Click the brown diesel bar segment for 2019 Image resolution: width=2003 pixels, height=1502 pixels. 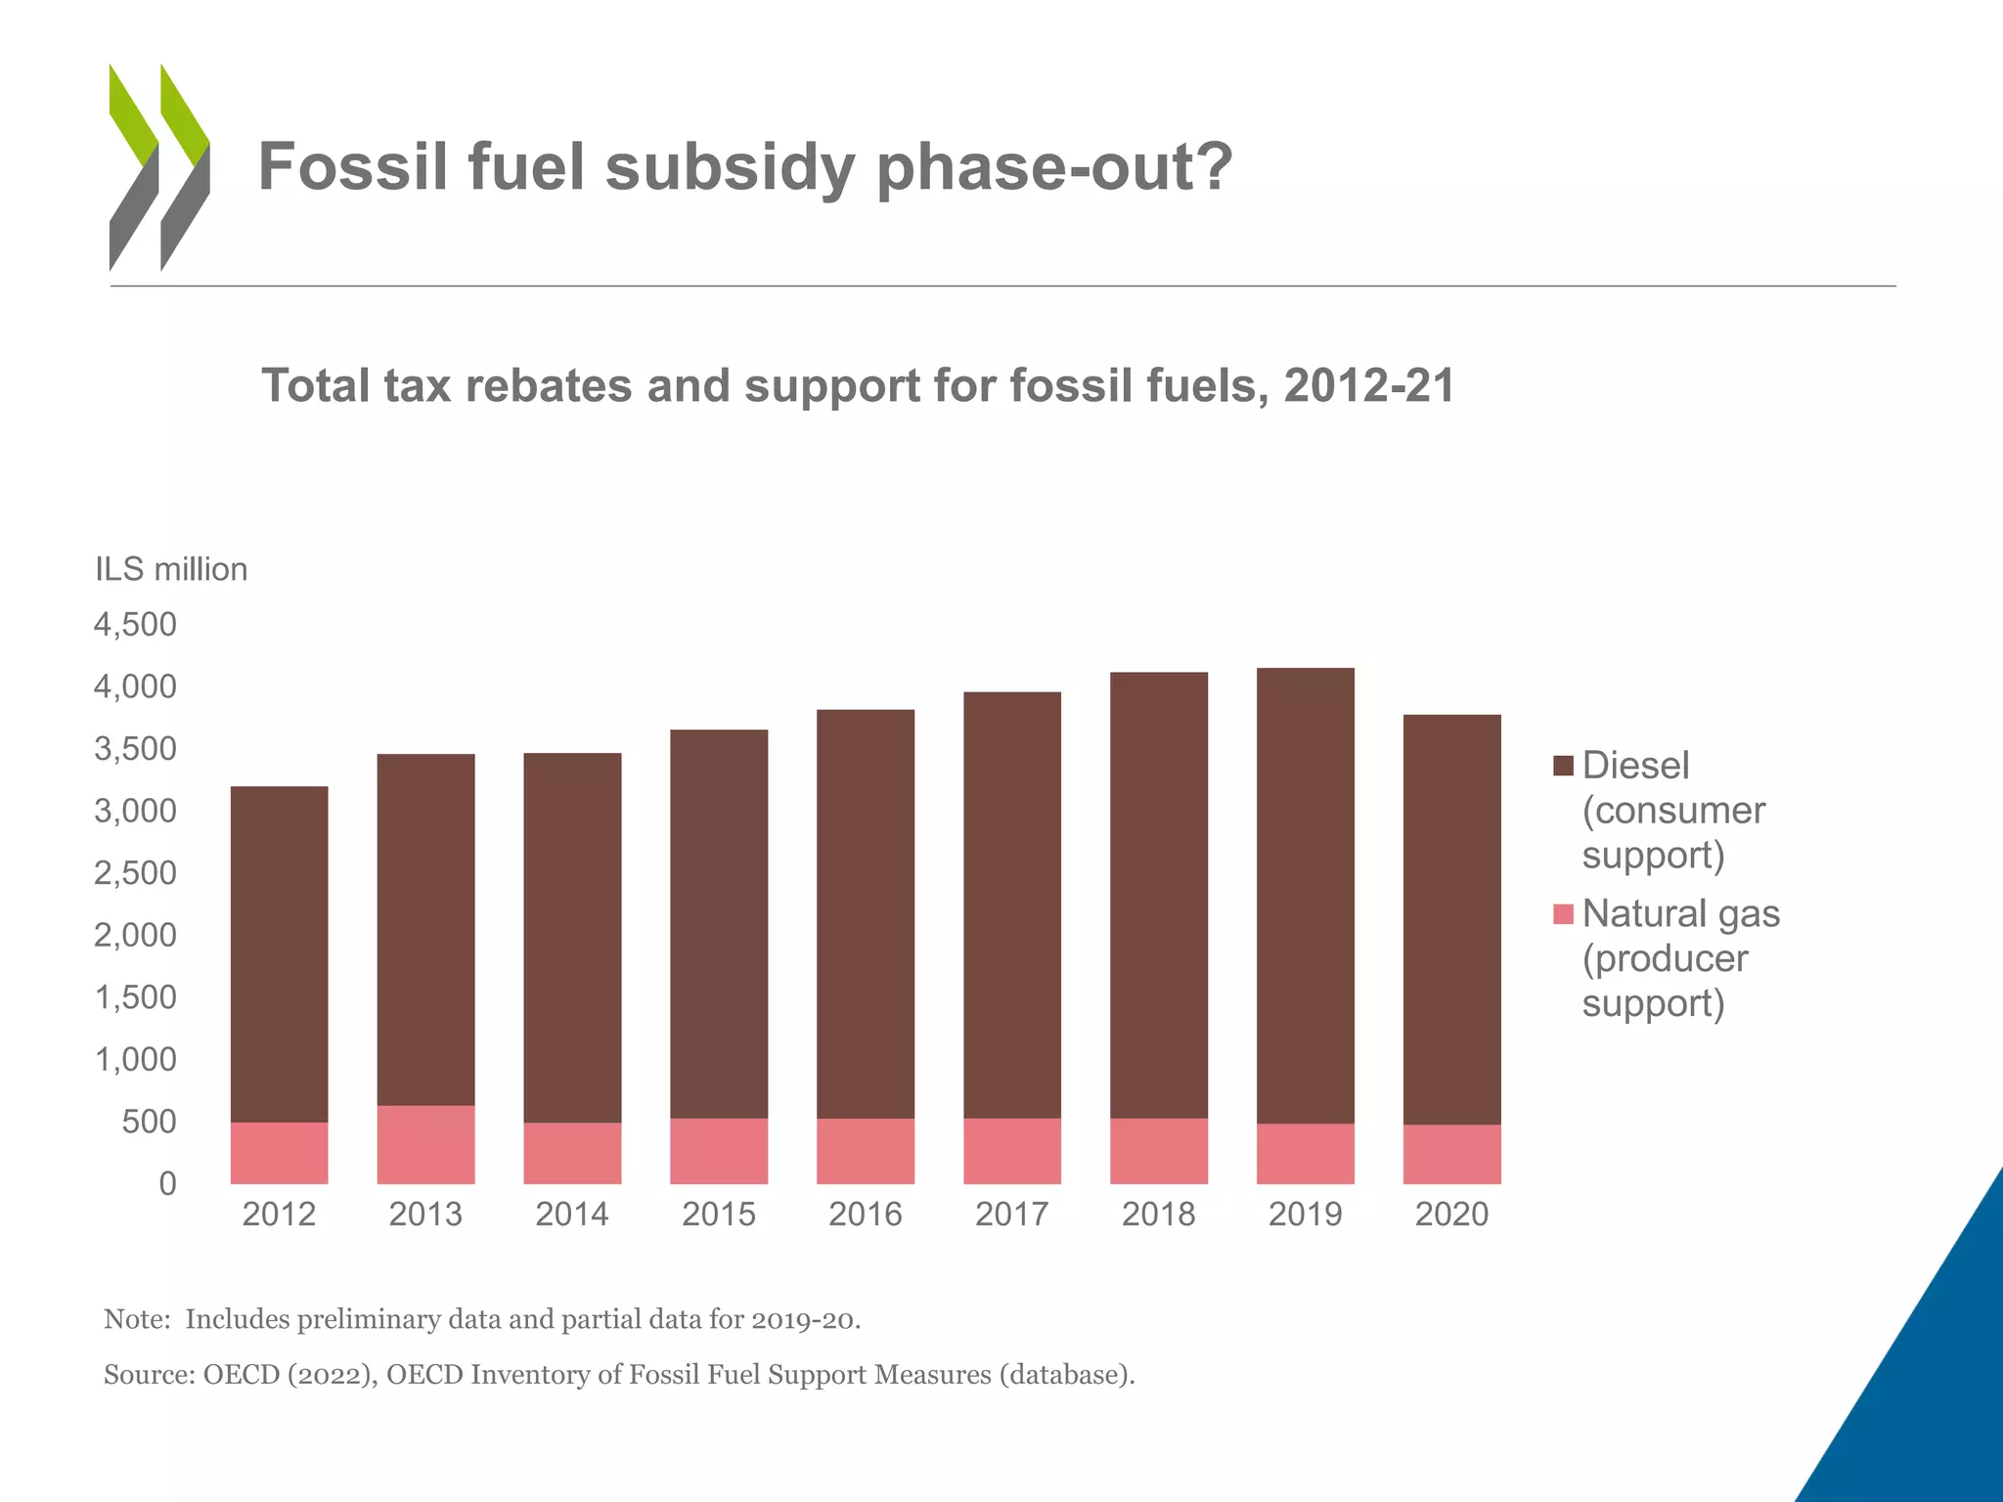pyautogui.click(x=1305, y=895)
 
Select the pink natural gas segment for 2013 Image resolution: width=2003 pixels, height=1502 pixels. pyautogui.click(x=425, y=1144)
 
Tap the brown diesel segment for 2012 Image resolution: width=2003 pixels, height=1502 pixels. pyautogui.click(x=279, y=953)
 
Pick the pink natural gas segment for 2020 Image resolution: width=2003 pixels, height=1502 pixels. pyautogui.click(x=1451, y=1154)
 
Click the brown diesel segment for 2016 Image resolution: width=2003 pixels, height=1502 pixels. pyautogui.click(x=865, y=914)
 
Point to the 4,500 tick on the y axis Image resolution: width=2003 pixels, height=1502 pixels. pyautogui.click(x=135, y=625)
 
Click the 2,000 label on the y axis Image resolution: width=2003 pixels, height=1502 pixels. pyautogui.click(x=135, y=936)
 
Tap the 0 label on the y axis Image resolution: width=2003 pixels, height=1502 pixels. pyautogui.click(x=167, y=1184)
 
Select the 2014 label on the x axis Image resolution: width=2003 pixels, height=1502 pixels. pyautogui.click(x=571, y=1215)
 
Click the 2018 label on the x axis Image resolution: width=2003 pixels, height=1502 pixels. pyautogui.click(x=1158, y=1215)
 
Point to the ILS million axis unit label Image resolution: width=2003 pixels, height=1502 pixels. pyautogui.click(x=171, y=569)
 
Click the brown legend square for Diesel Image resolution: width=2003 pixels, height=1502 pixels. pyautogui.click(x=1563, y=766)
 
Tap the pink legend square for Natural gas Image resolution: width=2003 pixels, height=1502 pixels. pyautogui.click(x=1563, y=914)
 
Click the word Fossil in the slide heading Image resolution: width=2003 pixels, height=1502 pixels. pyautogui.click(x=355, y=166)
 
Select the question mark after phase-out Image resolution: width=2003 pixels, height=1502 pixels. pyautogui.click(x=1214, y=166)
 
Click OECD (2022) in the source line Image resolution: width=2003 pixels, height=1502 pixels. pyautogui.click(x=289, y=1375)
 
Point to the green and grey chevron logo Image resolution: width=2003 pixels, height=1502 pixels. pyautogui.click(x=159, y=167)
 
